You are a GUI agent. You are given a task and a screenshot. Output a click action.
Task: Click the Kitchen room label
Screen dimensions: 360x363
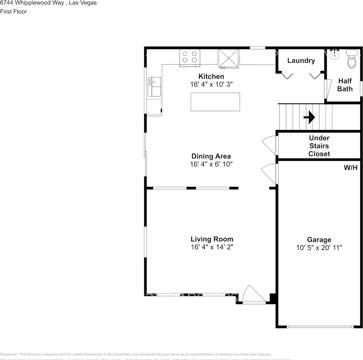click(211, 76)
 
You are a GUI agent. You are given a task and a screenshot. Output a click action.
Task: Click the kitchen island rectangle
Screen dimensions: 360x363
click(215, 102)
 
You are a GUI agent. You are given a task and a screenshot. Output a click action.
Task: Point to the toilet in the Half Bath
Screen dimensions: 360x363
click(352, 60)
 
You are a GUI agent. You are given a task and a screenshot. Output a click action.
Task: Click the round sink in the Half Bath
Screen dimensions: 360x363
click(335, 55)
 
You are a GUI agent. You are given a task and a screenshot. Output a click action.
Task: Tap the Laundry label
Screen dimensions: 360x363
click(301, 60)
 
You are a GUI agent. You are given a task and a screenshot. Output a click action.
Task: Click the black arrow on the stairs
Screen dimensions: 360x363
click(309, 118)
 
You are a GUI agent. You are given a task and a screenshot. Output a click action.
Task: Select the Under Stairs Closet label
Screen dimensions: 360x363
click(319, 146)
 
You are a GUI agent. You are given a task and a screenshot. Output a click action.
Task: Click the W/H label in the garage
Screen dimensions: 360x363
click(351, 168)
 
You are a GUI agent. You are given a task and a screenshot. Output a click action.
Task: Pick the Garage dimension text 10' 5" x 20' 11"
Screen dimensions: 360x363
click(319, 247)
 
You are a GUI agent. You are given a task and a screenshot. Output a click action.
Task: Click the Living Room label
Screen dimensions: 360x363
click(212, 239)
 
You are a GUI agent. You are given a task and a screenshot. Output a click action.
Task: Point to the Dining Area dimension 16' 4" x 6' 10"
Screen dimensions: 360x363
click(211, 164)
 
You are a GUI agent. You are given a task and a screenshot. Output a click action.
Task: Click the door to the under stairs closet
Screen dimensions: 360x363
click(270, 145)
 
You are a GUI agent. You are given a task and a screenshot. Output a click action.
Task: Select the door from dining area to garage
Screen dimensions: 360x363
click(270, 173)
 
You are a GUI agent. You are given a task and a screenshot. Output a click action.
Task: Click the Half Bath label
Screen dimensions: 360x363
click(345, 85)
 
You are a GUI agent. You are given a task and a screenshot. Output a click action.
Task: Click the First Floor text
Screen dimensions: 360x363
click(13, 11)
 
